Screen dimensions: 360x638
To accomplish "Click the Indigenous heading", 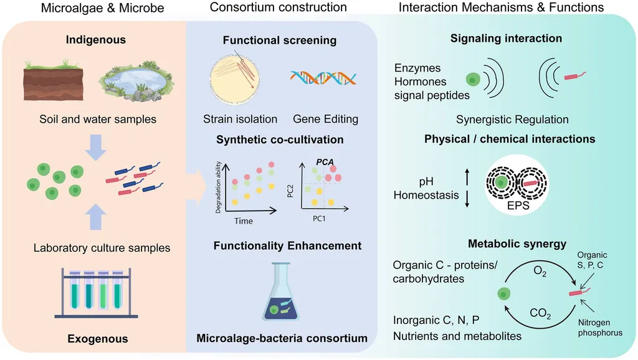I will point(97,40).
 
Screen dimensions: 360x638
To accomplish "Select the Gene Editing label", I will point(325,119).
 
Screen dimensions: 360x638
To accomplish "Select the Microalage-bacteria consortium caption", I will point(282,339).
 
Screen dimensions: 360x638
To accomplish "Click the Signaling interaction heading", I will point(506,39).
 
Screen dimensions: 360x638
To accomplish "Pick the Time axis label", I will point(244,221).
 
